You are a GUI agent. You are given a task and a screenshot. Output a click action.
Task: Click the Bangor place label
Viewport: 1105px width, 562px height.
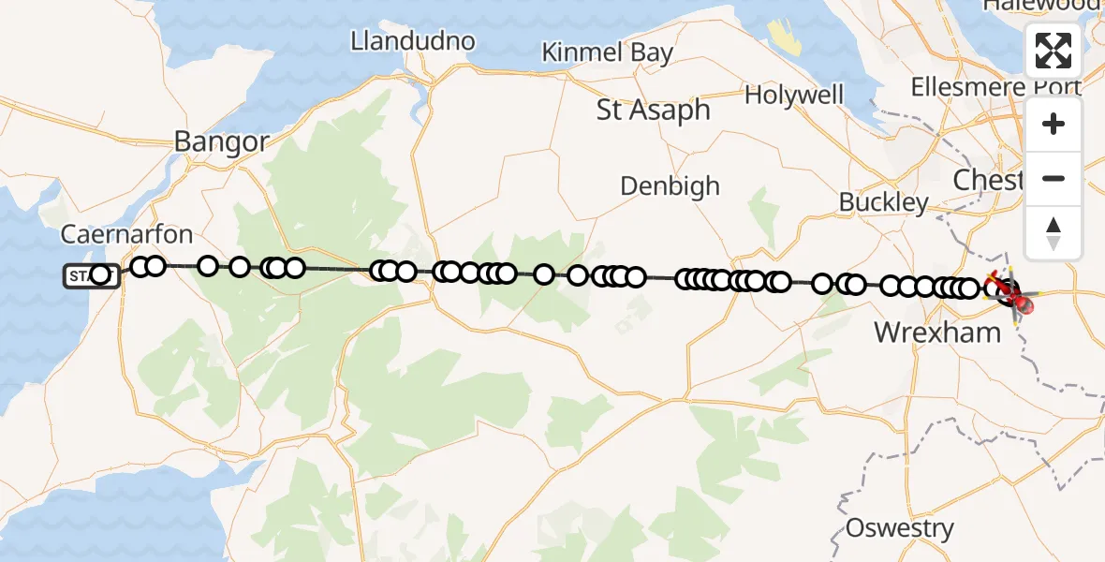pyautogui.click(x=222, y=141)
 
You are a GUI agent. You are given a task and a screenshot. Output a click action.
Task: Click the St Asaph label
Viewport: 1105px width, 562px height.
pyautogui.click(x=654, y=110)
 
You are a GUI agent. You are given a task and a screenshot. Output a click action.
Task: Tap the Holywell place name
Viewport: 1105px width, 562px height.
pyautogui.click(x=794, y=95)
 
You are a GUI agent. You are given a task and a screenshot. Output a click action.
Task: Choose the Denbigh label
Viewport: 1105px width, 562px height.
pyautogui.click(x=670, y=185)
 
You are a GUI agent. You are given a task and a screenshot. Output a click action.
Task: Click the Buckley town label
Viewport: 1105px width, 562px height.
pyautogui.click(x=883, y=201)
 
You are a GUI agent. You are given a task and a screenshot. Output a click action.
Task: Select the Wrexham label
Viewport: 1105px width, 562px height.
pyautogui.click(x=937, y=331)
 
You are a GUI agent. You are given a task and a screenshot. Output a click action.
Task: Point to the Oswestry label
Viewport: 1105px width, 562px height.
pyautogui.click(x=899, y=528)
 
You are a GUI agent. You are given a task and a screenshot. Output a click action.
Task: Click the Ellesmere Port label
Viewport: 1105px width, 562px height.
pyautogui.click(x=996, y=87)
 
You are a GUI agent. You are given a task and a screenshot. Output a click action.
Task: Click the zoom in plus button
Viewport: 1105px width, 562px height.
pyautogui.click(x=1053, y=124)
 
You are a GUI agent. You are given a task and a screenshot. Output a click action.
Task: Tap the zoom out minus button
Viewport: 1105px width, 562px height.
pyautogui.click(x=1053, y=178)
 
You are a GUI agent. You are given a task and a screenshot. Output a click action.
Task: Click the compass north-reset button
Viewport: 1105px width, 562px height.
pyautogui.click(x=1053, y=232)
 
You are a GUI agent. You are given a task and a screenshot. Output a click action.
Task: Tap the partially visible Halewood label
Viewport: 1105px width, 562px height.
pyautogui.click(x=1039, y=6)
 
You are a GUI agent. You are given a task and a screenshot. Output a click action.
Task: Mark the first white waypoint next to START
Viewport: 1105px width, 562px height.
pyautogui.click(x=100, y=275)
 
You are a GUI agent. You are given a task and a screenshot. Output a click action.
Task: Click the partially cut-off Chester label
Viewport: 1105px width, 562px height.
pyautogui.click(x=988, y=179)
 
